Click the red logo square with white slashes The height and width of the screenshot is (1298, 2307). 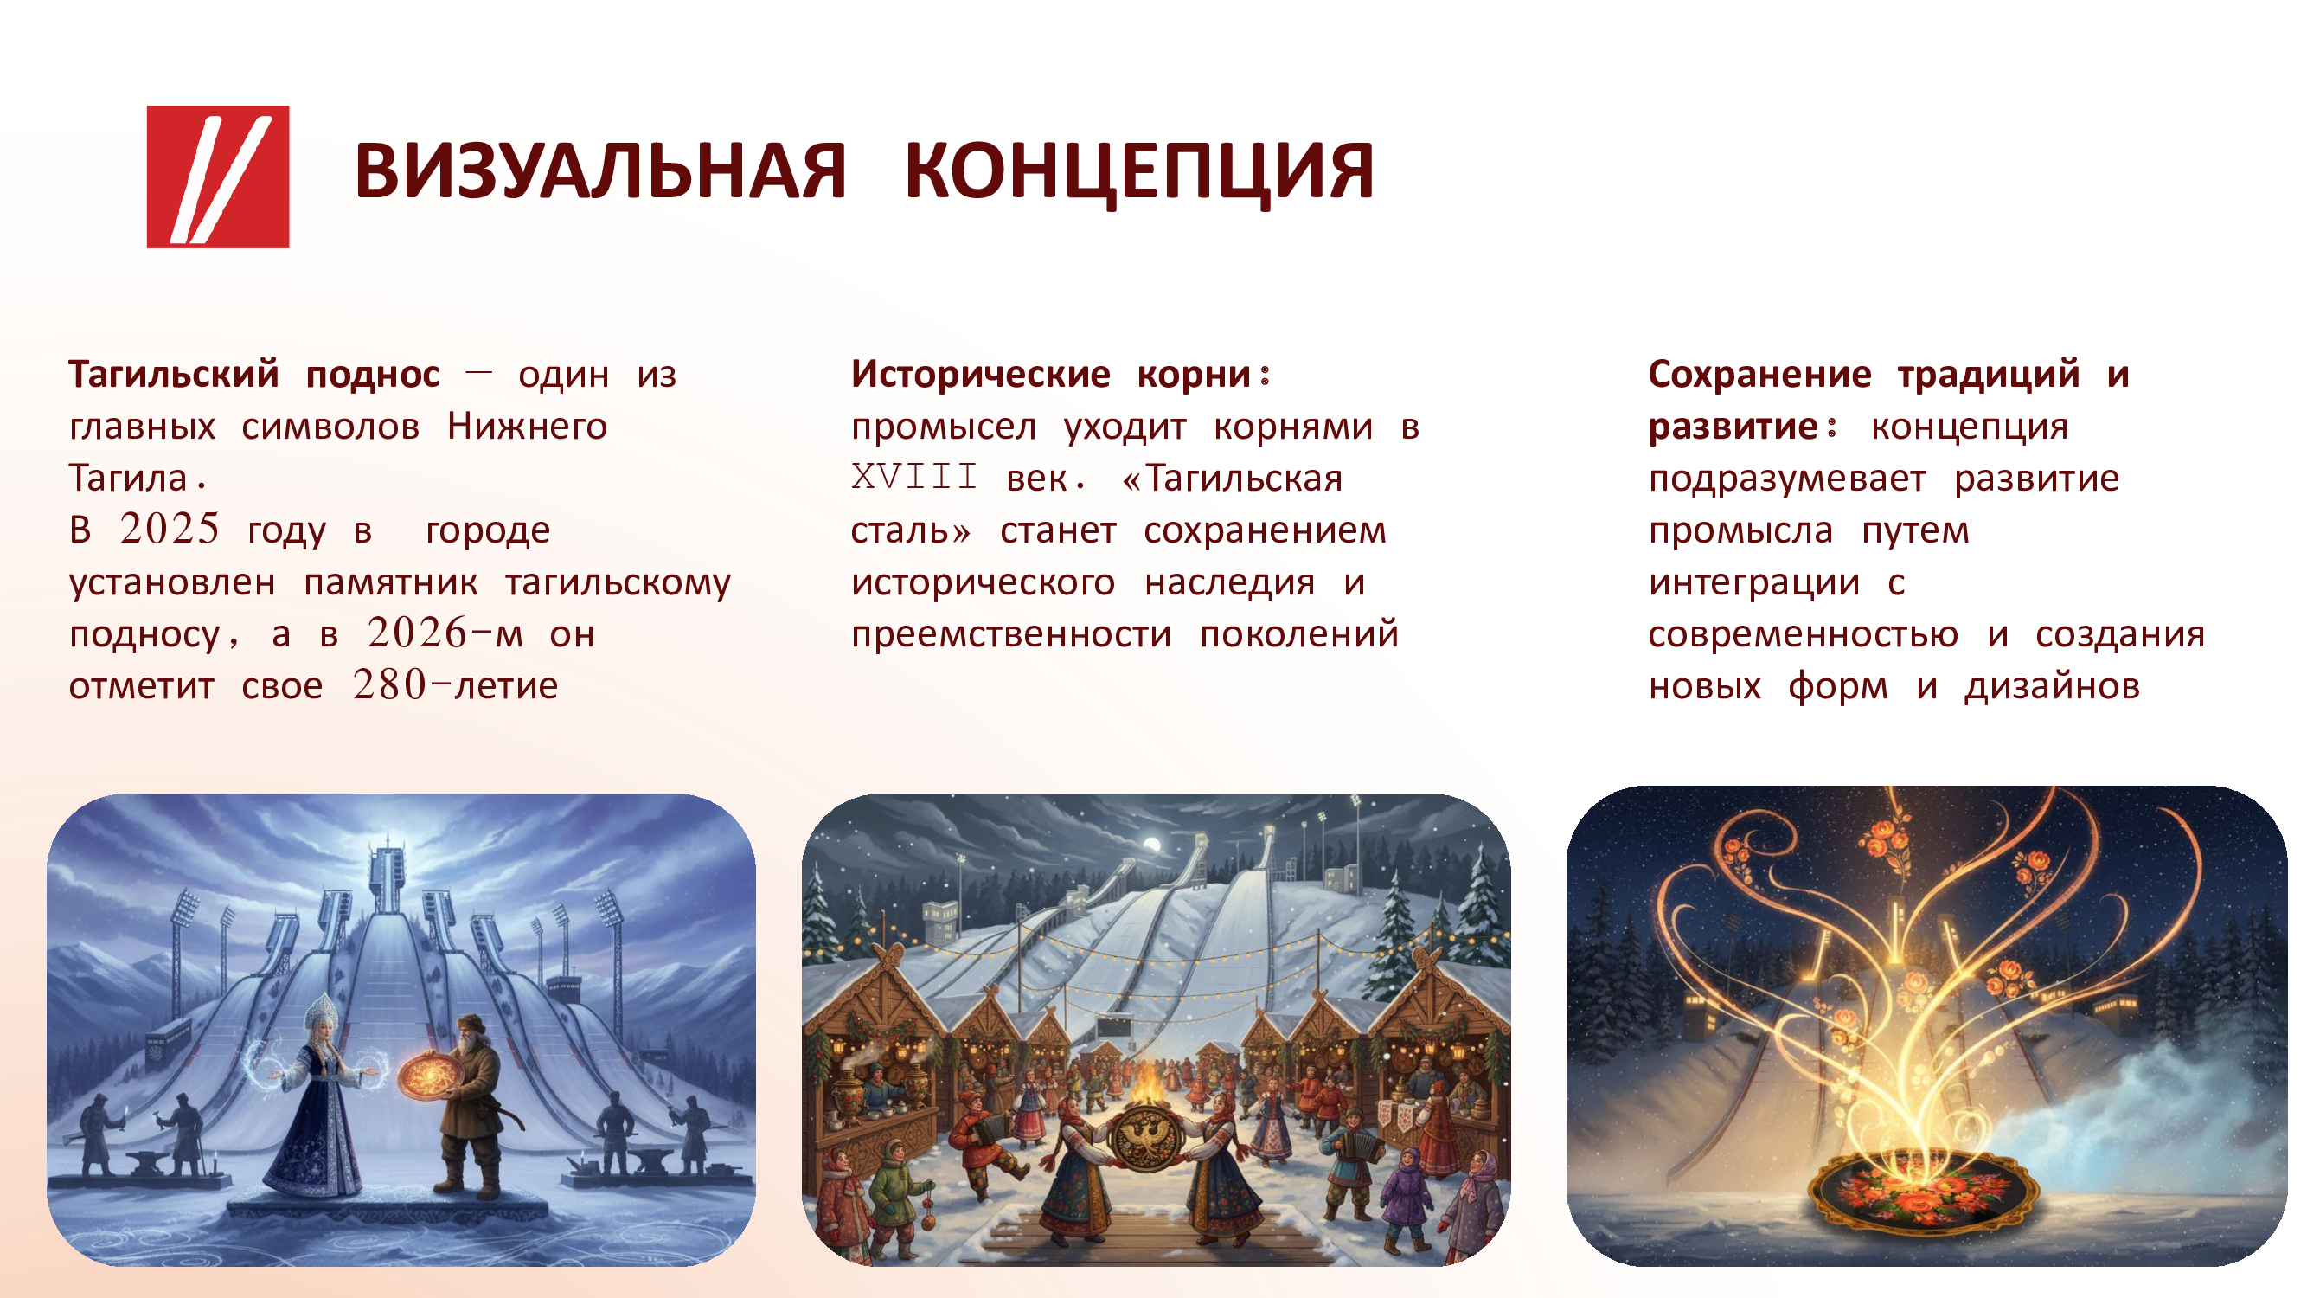(x=218, y=177)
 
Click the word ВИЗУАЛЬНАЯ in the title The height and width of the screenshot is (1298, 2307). (x=600, y=171)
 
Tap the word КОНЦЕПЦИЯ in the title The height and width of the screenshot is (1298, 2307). (x=1139, y=173)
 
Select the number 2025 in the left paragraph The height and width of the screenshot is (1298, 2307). (x=170, y=529)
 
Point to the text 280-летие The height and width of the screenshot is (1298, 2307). (x=455, y=685)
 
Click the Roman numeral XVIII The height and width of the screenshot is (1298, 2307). (x=914, y=477)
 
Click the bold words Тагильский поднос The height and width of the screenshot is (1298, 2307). (x=254, y=374)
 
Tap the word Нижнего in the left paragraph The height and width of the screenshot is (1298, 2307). (x=528, y=426)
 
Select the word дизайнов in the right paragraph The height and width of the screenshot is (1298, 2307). (x=2052, y=685)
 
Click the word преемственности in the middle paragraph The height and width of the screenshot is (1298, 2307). (x=1011, y=634)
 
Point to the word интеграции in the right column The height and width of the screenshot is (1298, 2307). (x=1754, y=582)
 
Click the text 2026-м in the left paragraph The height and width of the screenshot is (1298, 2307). (x=445, y=633)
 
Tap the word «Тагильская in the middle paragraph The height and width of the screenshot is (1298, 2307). (x=1233, y=478)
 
